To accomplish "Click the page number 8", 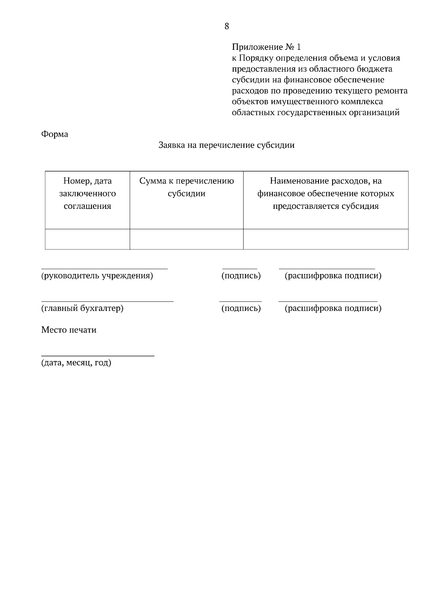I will pyautogui.click(x=227, y=26).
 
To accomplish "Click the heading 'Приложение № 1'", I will pyautogui.click(x=266, y=47).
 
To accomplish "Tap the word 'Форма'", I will pyautogui.click(x=54, y=134).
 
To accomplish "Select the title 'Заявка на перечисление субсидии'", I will pyautogui.click(x=227, y=145).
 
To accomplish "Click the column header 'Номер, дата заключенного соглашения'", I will pyautogui.click(x=87, y=194).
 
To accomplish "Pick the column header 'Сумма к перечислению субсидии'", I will pyautogui.click(x=187, y=187).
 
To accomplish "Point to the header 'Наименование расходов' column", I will pyautogui.click(x=325, y=194).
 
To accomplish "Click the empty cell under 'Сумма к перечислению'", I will pyautogui.click(x=187, y=239).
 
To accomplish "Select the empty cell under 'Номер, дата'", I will pyautogui.click(x=87, y=239).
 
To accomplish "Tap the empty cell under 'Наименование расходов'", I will pyautogui.click(x=325, y=239).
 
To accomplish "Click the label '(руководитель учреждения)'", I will pyautogui.click(x=97, y=276).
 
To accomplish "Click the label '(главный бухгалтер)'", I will pyautogui.click(x=82, y=309).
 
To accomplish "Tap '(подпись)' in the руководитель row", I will pyautogui.click(x=241, y=276).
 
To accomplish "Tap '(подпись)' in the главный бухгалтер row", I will pyautogui.click(x=241, y=309).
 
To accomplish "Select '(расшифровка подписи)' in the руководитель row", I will pyautogui.click(x=333, y=276).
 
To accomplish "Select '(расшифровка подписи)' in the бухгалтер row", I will pyautogui.click(x=333, y=309).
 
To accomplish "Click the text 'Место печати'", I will pyautogui.click(x=69, y=330).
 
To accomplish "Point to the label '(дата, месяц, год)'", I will pyautogui.click(x=76, y=363).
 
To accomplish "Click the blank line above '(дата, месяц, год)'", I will pyautogui.click(x=97, y=355).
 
